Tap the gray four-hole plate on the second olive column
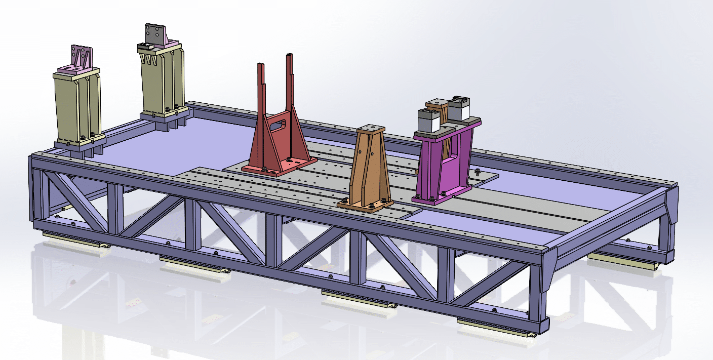point(155,34)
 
